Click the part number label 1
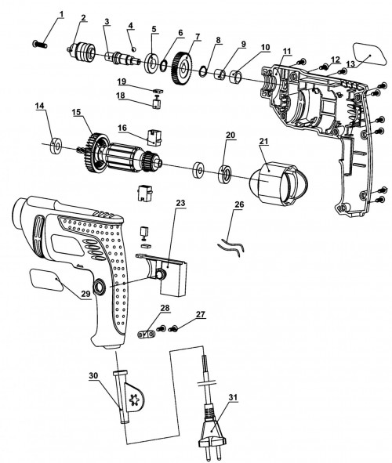tap(61, 14)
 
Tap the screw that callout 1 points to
tap(39, 45)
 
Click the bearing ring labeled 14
tap(56, 146)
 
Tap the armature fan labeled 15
tap(97, 154)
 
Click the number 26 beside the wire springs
tap(239, 204)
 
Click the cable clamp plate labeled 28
tap(147, 335)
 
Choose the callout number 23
tap(180, 203)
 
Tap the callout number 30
tap(93, 375)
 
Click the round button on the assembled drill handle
tap(100, 287)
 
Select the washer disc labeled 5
tap(152, 63)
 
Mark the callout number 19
tap(121, 81)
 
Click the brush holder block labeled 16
tap(154, 137)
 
